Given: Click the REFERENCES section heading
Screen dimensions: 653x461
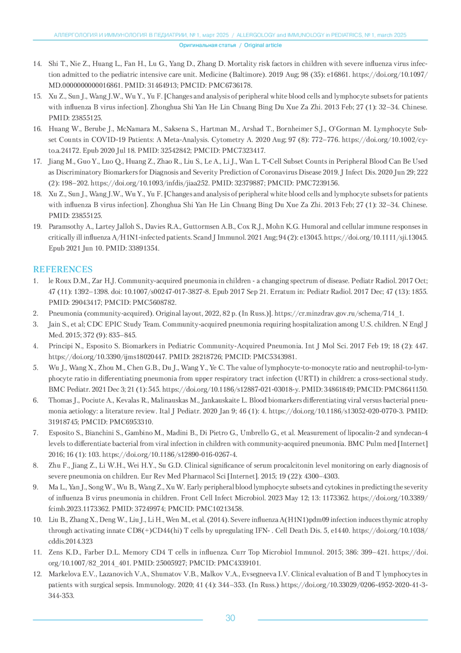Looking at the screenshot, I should (63, 269).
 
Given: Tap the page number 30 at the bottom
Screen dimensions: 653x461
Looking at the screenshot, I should (230, 618).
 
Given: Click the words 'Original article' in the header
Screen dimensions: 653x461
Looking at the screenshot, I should (263, 45).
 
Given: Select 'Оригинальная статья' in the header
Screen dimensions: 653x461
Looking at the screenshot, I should (207, 45).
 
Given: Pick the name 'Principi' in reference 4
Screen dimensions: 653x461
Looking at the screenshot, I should (61, 346).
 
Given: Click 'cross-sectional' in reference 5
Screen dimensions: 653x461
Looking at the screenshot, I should (365, 379).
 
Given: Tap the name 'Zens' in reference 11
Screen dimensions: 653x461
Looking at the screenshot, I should (56, 552).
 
